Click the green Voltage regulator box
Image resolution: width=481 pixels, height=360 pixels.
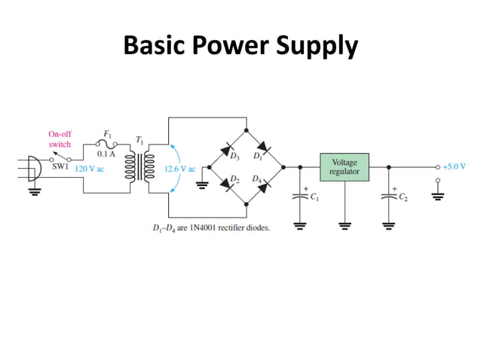tap(345, 167)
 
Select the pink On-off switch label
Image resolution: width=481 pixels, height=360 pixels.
tap(60, 139)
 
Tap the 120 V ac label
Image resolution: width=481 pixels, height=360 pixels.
tap(89, 169)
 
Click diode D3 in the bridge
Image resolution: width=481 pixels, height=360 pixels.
tap(228, 150)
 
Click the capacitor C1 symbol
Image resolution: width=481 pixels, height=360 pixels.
tap(299, 197)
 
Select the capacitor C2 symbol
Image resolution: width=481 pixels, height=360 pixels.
tap(388, 197)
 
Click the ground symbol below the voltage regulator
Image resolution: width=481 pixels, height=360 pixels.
tap(345, 224)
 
